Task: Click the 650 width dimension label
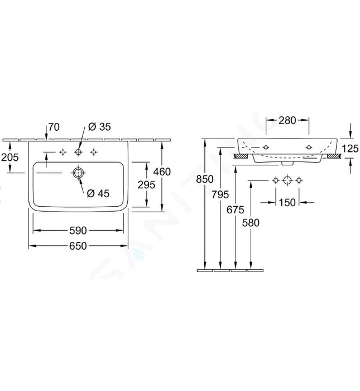(x=78, y=246)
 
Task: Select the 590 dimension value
(x=78, y=230)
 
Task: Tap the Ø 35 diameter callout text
(x=99, y=127)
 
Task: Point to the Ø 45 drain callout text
(x=98, y=193)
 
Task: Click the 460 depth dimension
(x=162, y=172)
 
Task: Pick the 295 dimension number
(x=146, y=185)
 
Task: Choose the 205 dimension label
(x=10, y=158)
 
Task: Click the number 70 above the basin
(x=54, y=127)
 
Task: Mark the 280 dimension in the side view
(x=287, y=121)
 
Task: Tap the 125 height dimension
(x=350, y=149)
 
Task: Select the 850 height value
(x=205, y=179)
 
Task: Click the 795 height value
(x=220, y=194)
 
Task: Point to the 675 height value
(x=236, y=210)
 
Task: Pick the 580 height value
(x=251, y=223)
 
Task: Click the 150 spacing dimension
(x=287, y=202)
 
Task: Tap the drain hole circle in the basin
(x=78, y=173)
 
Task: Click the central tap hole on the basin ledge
(x=78, y=152)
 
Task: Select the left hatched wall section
(x=241, y=156)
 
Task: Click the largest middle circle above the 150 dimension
(x=287, y=180)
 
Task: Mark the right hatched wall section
(x=334, y=156)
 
